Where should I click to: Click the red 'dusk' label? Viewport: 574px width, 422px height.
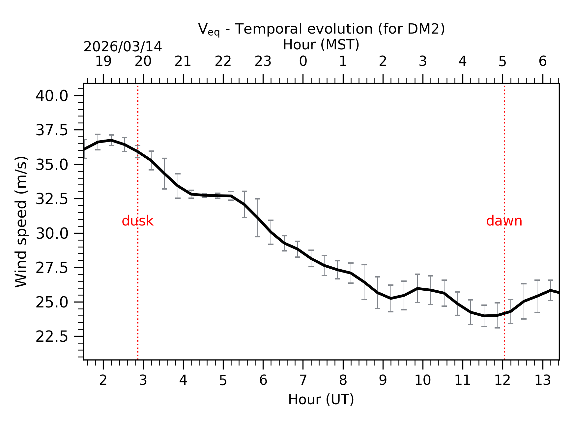tap(137, 221)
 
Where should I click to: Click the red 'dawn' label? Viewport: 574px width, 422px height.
tap(504, 221)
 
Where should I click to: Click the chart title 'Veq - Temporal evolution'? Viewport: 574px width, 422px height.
tap(321, 29)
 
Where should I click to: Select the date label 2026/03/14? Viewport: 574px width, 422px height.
tap(123, 47)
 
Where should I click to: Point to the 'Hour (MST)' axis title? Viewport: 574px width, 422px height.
tap(321, 45)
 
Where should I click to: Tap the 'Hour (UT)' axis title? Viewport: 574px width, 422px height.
tap(321, 400)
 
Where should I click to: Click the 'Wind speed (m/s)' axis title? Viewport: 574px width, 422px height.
tap(21, 222)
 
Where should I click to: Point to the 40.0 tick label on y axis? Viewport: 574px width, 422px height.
tap(52, 96)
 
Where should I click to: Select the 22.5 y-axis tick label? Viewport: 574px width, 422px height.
tap(52, 337)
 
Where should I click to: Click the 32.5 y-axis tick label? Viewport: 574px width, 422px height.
tap(52, 199)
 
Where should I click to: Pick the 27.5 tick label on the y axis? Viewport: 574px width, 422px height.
tap(52, 268)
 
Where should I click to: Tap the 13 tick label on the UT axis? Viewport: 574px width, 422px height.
tap(542, 381)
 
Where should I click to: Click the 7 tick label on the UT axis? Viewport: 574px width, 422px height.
tap(303, 381)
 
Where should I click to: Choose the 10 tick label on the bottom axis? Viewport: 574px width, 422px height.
tap(422, 381)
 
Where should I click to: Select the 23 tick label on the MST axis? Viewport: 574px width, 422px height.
tap(263, 61)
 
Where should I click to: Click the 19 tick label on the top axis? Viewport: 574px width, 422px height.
tap(103, 61)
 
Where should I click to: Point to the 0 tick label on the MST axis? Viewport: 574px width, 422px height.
tap(303, 61)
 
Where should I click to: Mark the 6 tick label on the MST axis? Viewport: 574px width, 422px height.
tap(542, 61)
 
